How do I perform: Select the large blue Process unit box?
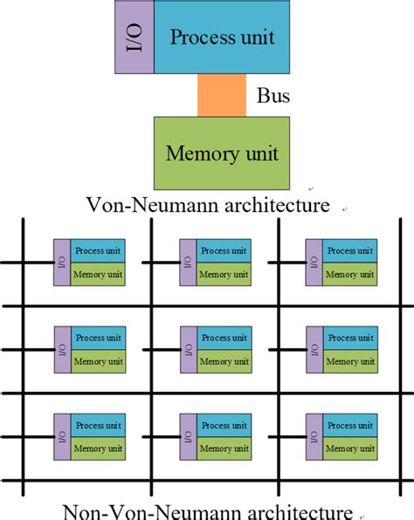click(222, 37)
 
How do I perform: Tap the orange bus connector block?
click(222, 95)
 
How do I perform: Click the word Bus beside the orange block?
click(273, 96)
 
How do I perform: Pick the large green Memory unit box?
click(222, 154)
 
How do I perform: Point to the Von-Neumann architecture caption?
click(208, 206)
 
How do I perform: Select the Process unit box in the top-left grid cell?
click(98, 250)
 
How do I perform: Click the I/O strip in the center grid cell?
click(187, 349)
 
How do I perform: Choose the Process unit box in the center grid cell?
click(224, 338)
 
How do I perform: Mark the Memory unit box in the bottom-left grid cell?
click(98, 448)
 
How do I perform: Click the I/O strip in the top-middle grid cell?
click(187, 262)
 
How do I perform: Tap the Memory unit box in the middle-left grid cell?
click(98, 361)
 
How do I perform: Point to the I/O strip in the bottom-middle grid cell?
click(187, 436)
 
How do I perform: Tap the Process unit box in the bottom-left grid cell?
click(98, 425)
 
